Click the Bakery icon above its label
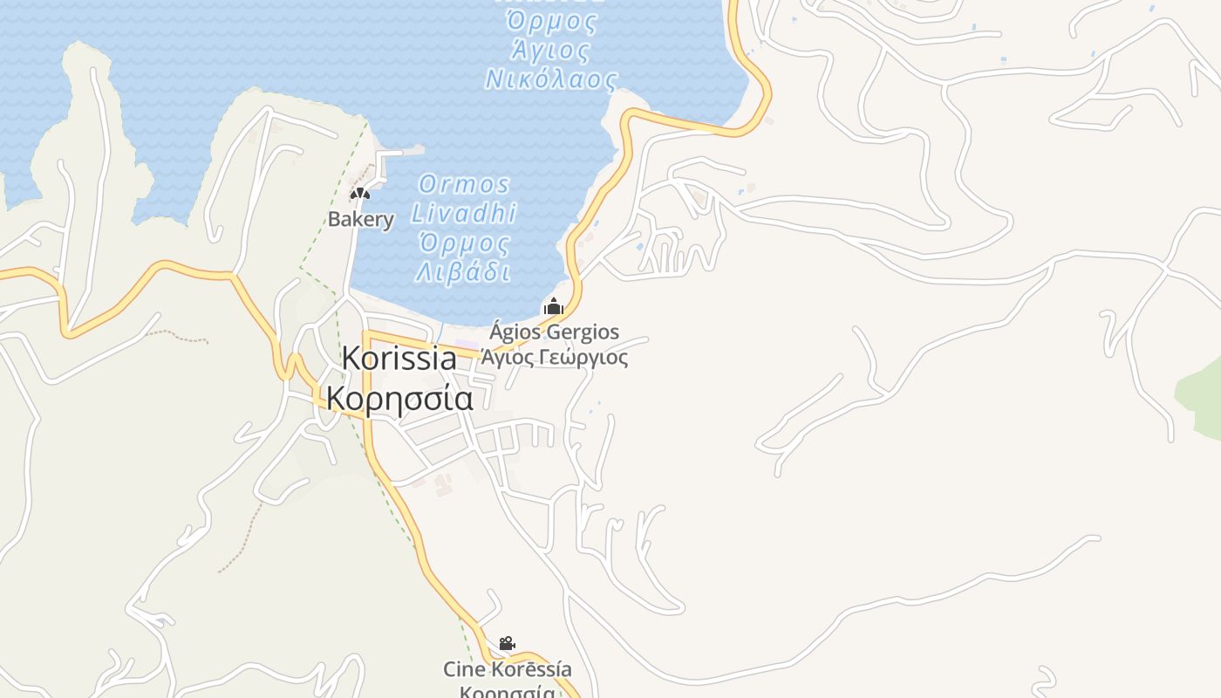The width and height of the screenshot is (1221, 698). (x=360, y=194)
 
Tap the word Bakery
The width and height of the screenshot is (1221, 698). (x=361, y=219)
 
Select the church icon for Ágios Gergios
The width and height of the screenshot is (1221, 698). (x=554, y=307)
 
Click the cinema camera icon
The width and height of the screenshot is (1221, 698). (x=507, y=644)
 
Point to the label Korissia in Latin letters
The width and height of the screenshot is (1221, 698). (x=399, y=359)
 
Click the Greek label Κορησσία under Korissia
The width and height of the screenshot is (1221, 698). (x=400, y=399)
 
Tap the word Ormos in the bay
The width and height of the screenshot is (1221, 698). (x=464, y=184)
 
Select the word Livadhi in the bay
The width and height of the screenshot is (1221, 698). (x=464, y=213)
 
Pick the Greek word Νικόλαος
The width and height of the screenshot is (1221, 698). (x=551, y=80)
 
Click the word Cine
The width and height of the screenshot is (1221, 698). (x=464, y=669)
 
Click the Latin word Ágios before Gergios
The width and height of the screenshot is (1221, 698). (x=515, y=332)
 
